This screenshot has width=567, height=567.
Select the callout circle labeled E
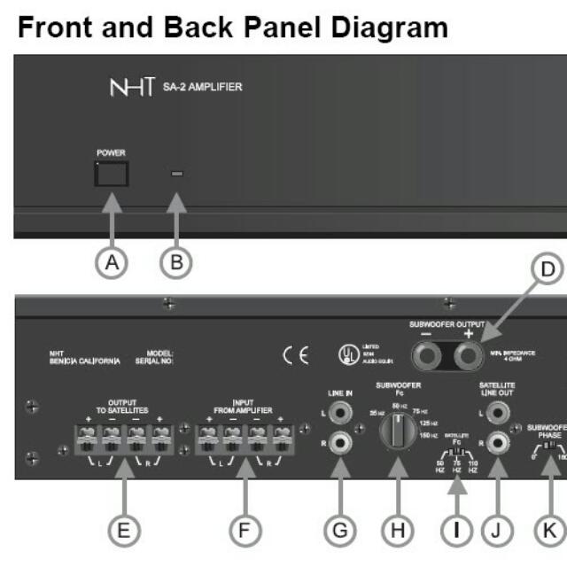click(124, 529)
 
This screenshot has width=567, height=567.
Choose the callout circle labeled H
click(396, 529)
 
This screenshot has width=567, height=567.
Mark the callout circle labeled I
click(455, 529)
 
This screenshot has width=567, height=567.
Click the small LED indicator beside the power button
click(177, 175)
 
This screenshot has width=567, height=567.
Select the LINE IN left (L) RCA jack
click(338, 414)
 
